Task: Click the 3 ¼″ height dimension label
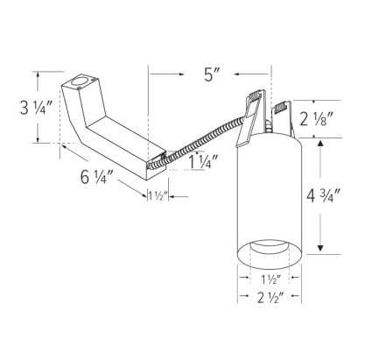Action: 17,109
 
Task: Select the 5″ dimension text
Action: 210,74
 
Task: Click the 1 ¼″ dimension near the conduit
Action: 202,160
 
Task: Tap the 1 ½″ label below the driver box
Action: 158,196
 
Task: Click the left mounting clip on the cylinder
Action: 251,114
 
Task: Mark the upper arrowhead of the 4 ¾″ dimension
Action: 325,145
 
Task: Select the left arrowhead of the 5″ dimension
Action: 153,74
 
